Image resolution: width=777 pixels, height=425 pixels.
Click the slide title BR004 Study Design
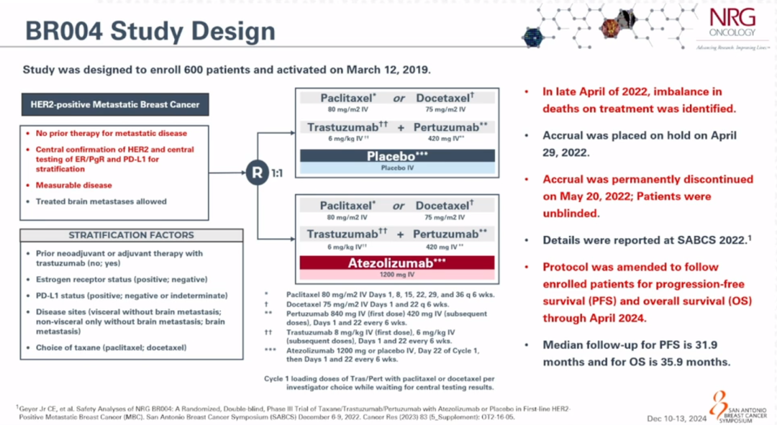pos(150,31)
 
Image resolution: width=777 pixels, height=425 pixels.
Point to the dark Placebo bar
pos(396,155)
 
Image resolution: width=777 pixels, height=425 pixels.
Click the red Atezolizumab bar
pos(396,263)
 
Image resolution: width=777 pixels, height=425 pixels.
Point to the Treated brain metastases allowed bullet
pos(101,201)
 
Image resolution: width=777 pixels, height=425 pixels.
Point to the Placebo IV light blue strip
pos(396,167)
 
